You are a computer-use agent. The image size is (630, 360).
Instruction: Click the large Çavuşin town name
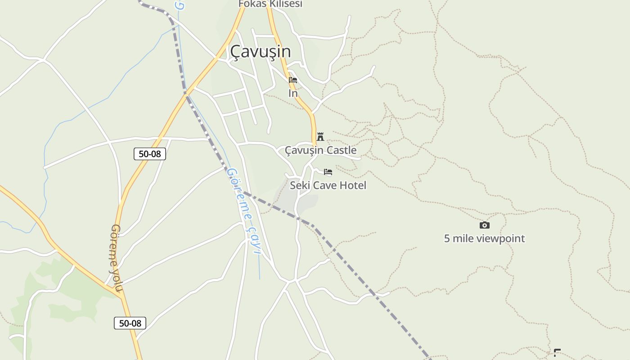click(x=260, y=52)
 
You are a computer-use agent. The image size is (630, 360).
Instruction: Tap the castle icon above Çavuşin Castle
click(x=320, y=136)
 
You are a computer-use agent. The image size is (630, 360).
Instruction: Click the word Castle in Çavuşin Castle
click(x=342, y=150)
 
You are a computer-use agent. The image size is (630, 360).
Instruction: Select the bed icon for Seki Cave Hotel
click(x=328, y=172)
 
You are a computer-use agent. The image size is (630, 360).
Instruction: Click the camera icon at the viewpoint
click(x=484, y=225)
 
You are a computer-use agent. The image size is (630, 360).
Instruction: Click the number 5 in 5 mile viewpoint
click(x=447, y=238)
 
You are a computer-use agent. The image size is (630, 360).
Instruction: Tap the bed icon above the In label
click(x=293, y=81)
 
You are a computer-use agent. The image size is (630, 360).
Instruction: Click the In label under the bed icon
click(x=293, y=94)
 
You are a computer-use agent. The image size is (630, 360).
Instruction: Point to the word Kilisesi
click(x=284, y=4)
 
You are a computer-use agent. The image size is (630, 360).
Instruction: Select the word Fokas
click(x=251, y=4)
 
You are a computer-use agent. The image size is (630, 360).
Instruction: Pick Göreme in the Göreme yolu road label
click(x=113, y=245)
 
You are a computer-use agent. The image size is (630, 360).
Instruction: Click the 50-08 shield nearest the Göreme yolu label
click(x=130, y=323)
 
